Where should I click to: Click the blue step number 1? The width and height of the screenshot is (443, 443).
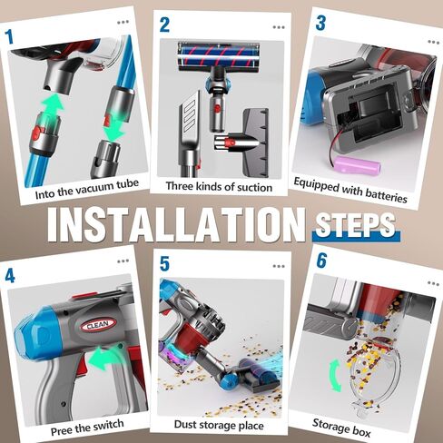tap(9, 36)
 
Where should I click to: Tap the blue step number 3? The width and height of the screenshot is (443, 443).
tap(320, 23)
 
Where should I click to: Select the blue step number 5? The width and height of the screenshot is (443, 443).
tap(164, 263)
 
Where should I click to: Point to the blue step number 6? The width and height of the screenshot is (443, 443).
tap(321, 261)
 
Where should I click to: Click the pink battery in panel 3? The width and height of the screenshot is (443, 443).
tap(357, 164)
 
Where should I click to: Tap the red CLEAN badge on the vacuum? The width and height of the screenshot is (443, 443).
tap(98, 325)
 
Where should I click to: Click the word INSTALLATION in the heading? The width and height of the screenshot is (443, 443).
tap(176, 224)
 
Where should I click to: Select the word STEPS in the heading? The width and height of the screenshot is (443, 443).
tap(355, 225)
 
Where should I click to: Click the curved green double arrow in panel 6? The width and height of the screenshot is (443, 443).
tap(335, 375)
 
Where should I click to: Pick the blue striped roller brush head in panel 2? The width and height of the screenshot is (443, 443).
tap(219, 57)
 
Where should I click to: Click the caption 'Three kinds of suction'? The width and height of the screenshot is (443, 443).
tap(219, 186)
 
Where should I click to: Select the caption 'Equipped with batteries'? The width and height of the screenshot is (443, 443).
tap(350, 190)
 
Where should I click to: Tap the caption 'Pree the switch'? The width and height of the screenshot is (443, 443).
tap(87, 428)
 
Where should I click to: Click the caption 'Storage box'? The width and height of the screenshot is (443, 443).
tap(341, 428)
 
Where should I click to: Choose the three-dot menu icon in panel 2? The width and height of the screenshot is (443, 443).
tap(279, 27)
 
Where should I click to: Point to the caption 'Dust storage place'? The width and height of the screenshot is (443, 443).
tap(219, 425)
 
